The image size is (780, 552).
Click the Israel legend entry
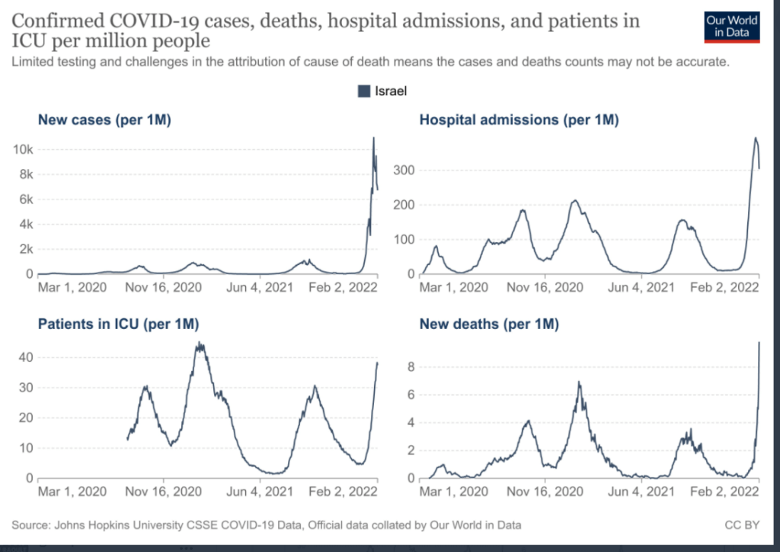click(382, 91)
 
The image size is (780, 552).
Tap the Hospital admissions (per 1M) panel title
click(519, 119)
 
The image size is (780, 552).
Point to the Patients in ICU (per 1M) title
click(118, 324)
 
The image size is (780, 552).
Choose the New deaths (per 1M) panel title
click(489, 324)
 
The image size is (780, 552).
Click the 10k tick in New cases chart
click(24, 149)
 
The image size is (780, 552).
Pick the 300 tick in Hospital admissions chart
click(404, 170)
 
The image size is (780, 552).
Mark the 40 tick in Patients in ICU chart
click(27, 357)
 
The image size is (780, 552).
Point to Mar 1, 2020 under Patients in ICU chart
click(72, 491)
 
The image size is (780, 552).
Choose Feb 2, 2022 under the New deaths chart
click(727, 491)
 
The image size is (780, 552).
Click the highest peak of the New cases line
click(373, 139)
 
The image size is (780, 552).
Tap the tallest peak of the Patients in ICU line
click(200, 343)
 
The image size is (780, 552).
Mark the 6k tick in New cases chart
click(24, 199)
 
